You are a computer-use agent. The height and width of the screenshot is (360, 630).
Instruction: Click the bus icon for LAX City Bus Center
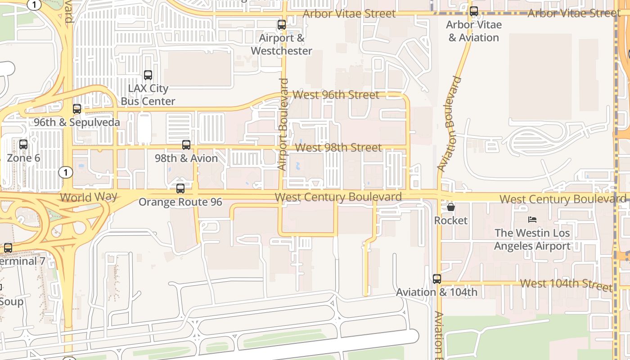148,75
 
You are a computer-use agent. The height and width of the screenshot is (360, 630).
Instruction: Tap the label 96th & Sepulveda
77,122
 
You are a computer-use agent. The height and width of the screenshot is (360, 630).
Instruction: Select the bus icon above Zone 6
23,144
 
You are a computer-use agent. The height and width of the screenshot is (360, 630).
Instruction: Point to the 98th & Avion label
186,158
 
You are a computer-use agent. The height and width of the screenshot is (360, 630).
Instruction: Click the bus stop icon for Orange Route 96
180,189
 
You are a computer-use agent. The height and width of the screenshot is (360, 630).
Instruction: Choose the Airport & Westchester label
282,45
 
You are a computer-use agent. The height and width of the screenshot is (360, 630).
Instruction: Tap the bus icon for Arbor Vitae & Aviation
474,12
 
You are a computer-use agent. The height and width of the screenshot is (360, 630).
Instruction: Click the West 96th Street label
336,95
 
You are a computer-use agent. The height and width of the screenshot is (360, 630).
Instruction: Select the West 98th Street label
338,148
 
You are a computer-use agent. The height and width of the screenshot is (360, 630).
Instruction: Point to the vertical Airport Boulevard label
283,125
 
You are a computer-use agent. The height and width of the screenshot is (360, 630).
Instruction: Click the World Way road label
89,197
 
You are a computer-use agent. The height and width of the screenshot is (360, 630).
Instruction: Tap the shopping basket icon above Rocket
451,207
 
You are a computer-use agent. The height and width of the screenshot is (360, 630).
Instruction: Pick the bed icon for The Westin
532,220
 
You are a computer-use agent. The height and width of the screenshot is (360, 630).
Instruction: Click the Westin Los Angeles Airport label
532,239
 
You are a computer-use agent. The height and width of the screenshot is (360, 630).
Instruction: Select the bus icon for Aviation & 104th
437,279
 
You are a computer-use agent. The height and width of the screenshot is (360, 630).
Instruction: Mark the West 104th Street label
566,284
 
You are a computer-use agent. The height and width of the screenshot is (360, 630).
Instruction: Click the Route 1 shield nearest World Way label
66,172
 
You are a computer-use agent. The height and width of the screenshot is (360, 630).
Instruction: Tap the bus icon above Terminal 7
8,247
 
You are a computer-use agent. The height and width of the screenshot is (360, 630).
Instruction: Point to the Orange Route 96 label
180,202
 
